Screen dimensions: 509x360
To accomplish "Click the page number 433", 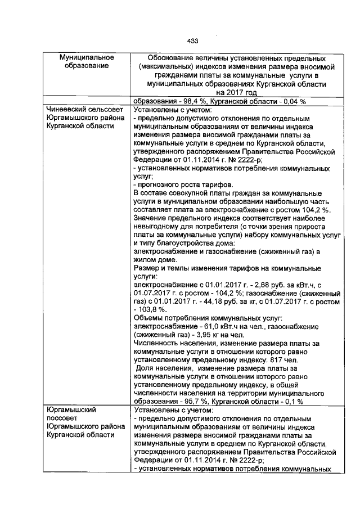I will [192, 40].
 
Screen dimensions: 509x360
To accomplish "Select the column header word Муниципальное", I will [87, 58].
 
